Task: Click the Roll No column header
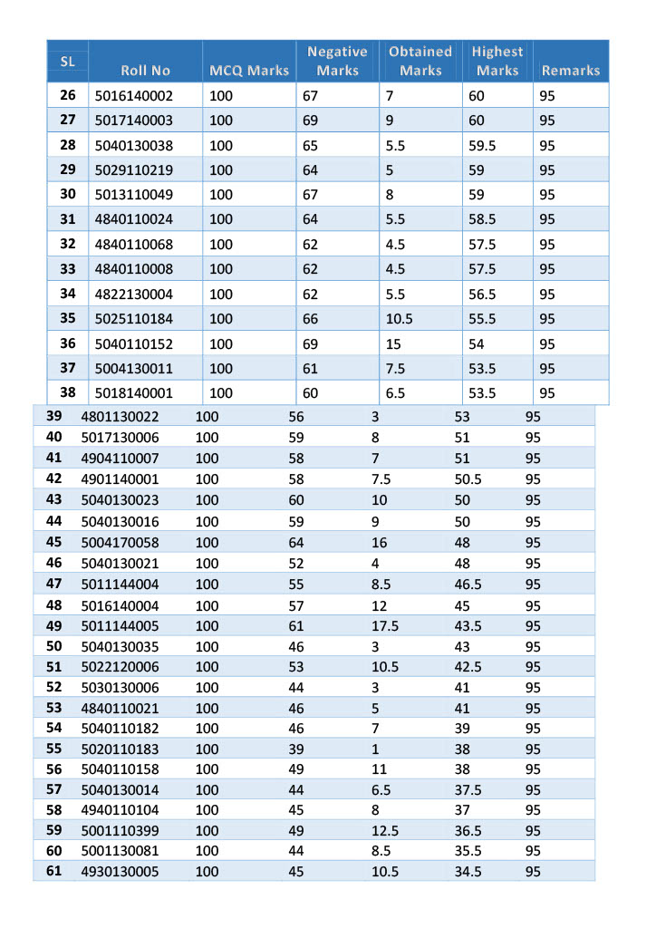pyautogui.click(x=145, y=70)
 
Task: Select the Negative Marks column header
pyautogui.click(x=337, y=61)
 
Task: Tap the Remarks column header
pyautogui.click(x=570, y=70)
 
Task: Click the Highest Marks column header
pyautogui.click(x=497, y=61)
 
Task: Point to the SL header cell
pyautogui.click(x=67, y=62)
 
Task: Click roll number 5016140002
pyautogui.click(x=133, y=95)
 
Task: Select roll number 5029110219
pyautogui.click(x=133, y=169)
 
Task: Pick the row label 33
pyautogui.click(x=68, y=268)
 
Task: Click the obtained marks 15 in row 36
pyautogui.click(x=393, y=343)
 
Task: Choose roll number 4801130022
pyautogui.click(x=120, y=416)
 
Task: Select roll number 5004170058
pyautogui.click(x=120, y=542)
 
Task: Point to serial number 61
pyautogui.click(x=53, y=871)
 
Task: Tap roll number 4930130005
pyautogui.click(x=120, y=871)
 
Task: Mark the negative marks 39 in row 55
pyautogui.click(x=296, y=749)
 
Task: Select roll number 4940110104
pyautogui.click(x=120, y=809)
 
